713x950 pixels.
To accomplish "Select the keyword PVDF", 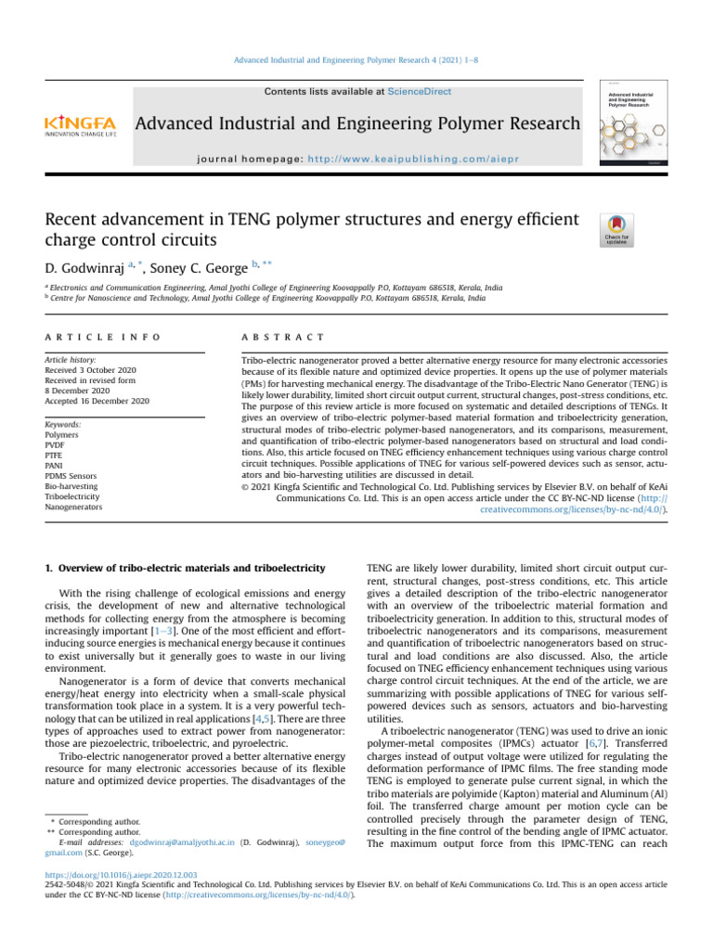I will (x=57, y=444).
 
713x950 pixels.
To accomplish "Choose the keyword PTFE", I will (x=55, y=456).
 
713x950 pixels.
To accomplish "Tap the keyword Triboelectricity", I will (x=72, y=497).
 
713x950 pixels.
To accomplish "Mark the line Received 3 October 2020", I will (x=90, y=369).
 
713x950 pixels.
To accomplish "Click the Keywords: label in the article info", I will (x=63, y=424).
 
